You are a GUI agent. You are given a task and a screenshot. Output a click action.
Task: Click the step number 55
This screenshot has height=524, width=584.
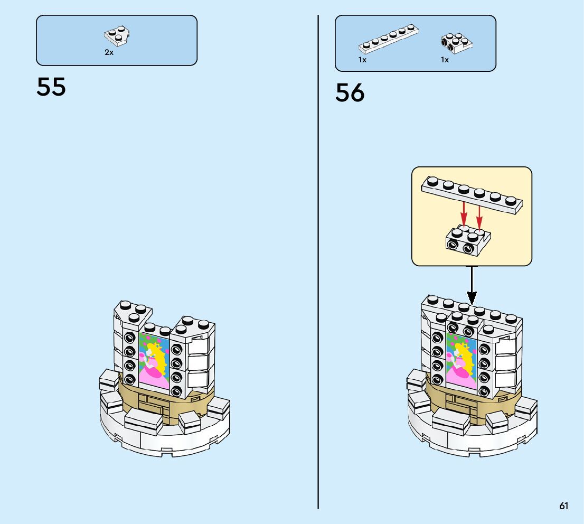coord(51,87)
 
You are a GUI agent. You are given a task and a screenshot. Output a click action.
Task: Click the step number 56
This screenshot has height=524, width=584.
coord(350,93)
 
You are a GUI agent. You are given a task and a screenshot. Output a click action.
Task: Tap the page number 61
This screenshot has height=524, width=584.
coord(564,506)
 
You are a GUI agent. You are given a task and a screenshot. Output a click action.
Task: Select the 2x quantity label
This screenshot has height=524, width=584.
coord(109,53)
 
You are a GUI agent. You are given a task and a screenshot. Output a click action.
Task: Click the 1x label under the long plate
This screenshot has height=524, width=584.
coord(362,60)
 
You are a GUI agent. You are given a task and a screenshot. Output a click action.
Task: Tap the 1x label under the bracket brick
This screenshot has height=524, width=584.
coord(445,60)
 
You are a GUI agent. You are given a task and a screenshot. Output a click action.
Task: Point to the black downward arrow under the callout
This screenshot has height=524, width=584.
coord(472,285)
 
